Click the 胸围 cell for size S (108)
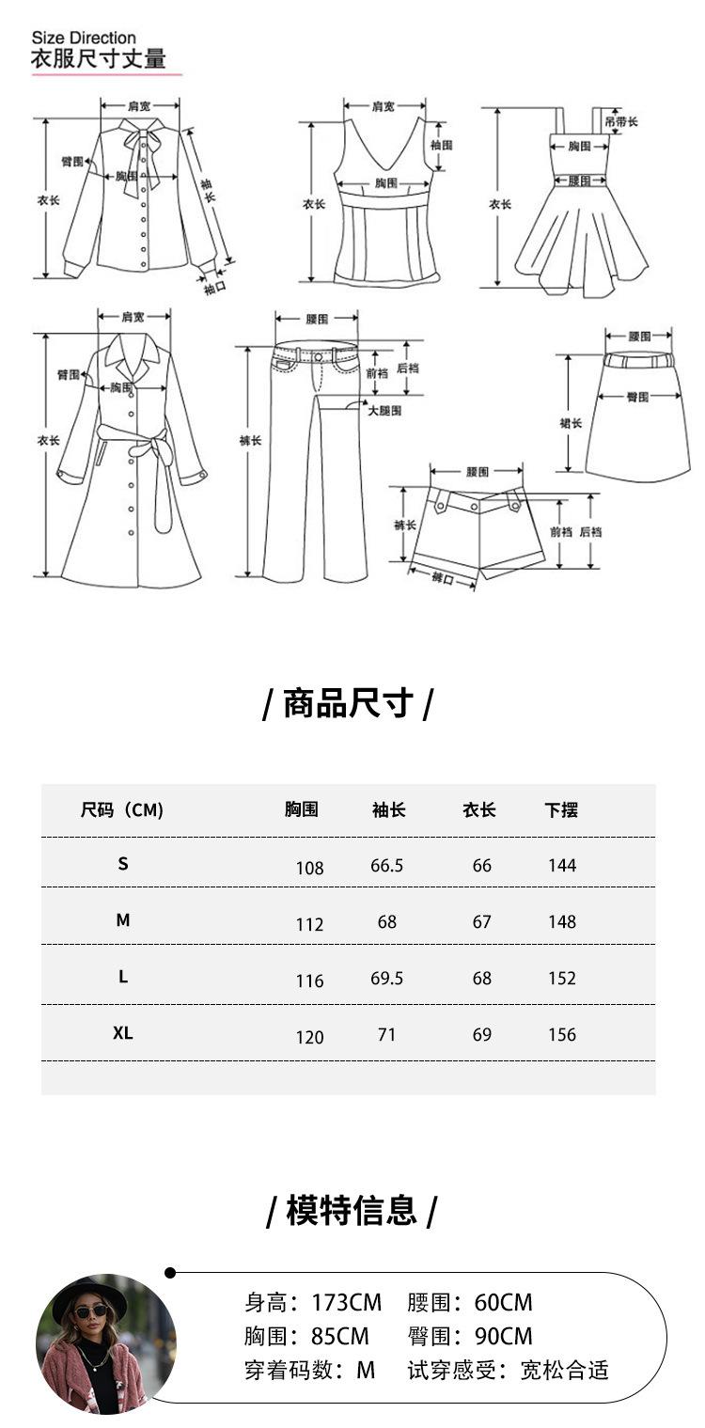tap(309, 868)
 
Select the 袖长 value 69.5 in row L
tap(386, 979)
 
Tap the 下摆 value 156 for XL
tap(562, 1035)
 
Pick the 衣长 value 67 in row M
tap(481, 922)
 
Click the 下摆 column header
tap(561, 809)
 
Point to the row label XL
tap(123, 1033)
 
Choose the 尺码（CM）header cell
tap(122, 809)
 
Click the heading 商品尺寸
tap(348, 703)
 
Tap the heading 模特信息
tap(352, 1210)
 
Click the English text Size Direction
tap(84, 38)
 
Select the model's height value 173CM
tap(346, 1302)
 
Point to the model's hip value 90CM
tap(504, 1336)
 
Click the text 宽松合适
tap(564, 1371)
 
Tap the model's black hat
tap(90, 1293)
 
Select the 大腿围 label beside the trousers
tap(384, 411)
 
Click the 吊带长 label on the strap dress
tap(621, 122)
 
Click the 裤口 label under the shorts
tap(442, 580)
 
